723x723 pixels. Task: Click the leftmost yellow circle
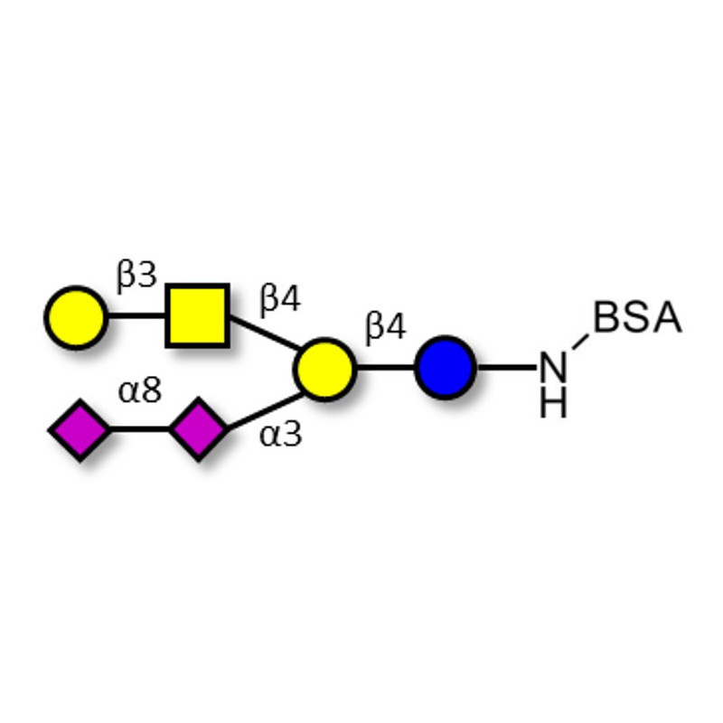tap(76, 317)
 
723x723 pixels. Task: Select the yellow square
tap(197, 315)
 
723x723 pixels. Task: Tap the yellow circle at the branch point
tap(324, 369)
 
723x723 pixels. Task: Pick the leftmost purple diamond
tap(80, 430)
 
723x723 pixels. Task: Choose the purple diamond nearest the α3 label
tap(199, 430)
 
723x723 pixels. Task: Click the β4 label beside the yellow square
tap(280, 299)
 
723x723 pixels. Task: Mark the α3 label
tap(280, 435)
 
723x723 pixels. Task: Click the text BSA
tap(637, 318)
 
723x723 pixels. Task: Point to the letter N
tap(554, 369)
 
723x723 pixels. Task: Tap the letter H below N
tap(554, 403)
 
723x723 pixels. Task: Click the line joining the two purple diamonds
tap(139, 430)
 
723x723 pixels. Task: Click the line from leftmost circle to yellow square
tap(136, 316)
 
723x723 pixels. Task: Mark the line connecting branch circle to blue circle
tap(385, 368)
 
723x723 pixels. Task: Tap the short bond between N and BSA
tap(579, 344)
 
